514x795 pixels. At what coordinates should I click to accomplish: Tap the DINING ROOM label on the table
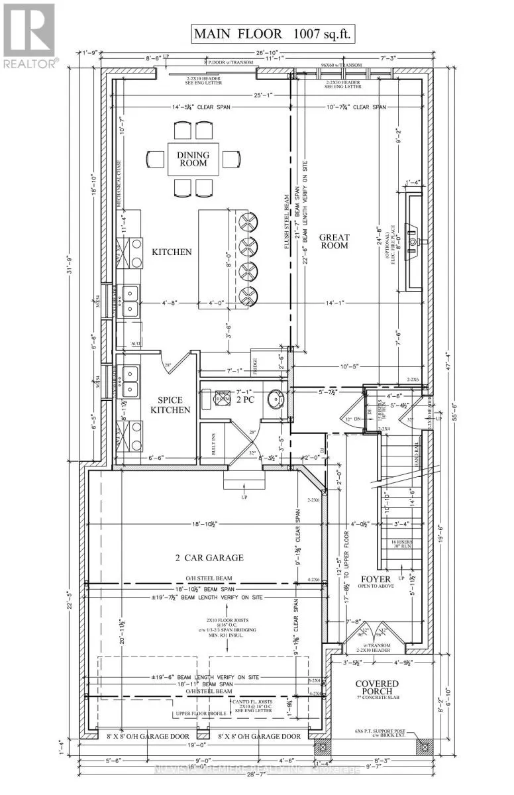click(193, 160)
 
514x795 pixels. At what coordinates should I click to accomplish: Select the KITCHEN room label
click(171, 252)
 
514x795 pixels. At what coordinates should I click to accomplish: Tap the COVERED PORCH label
click(376, 689)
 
